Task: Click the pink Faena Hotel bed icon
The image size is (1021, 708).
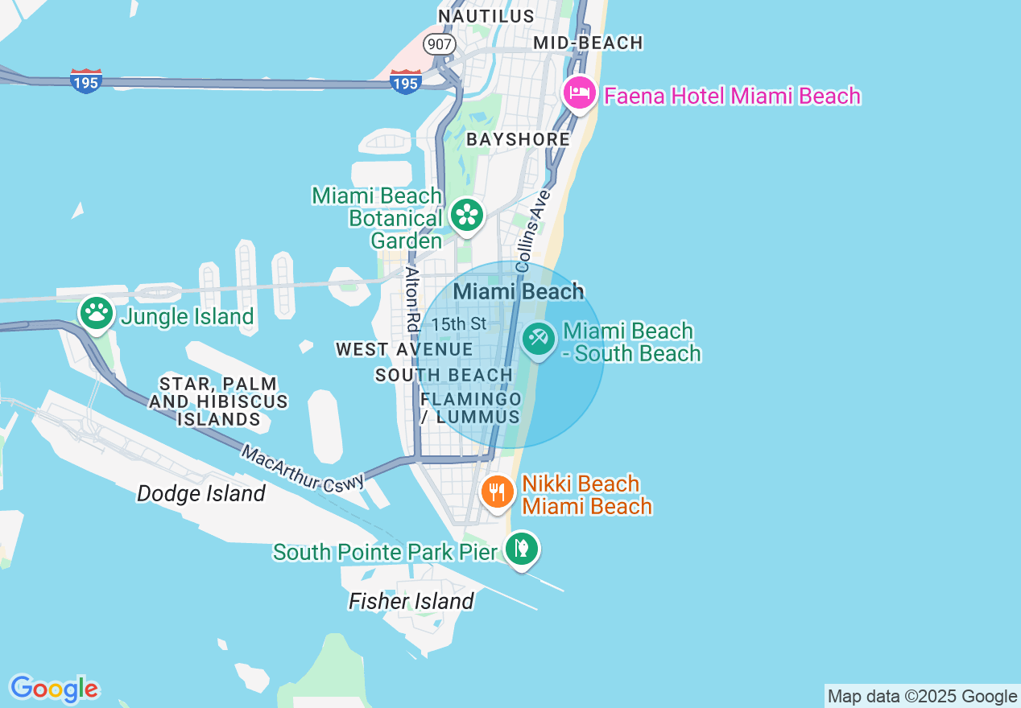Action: pyautogui.click(x=580, y=93)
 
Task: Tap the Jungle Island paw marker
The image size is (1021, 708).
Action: pyautogui.click(x=97, y=313)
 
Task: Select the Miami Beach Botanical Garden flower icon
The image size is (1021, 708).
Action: pyautogui.click(x=466, y=215)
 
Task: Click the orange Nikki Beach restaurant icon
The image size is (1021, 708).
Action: pyautogui.click(x=497, y=490)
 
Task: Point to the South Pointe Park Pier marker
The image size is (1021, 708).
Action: pyautogui.click(x=522, y=549)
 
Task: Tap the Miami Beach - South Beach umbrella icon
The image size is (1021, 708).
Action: pyautogui.click(x=537, y=339)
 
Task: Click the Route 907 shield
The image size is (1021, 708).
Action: pyautogui.click(x=440, y=43)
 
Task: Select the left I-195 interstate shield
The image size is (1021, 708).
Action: pyautogui.click(x=85, y=81)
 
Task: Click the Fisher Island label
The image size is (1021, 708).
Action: pyautogui.click(x=411, y=601)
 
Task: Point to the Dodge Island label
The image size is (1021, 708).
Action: pyautogui.click(x=200, y=493)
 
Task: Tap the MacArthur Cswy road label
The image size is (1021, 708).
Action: pyautogui.click(x=303, y=468)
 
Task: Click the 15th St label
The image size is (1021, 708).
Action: pyautogui.click(x=458, y=324)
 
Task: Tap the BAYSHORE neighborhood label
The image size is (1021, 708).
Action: pyautogui.click(x=518, y=139)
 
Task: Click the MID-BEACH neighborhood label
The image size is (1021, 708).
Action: pyautogui.click(x=589, y=43)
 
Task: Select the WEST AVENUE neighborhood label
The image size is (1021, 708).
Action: pyautogui.click(x=404, y=349)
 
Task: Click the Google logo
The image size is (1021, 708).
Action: pyautogui.click(x=54, y=689)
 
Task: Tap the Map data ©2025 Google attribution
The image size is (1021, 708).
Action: pyautogui.click(x=922, y=697)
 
